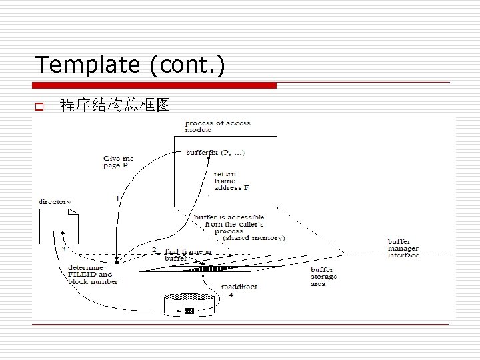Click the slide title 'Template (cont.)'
tap(129, 65)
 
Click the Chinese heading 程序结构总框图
tap(115, 105)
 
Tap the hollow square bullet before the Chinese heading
tap(39, 105)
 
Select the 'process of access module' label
tap(217, 126)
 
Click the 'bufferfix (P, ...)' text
tap(215, 153)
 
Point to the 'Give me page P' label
tap(118, 162)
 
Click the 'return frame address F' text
tap(230, 181)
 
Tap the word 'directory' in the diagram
tap(55, 201)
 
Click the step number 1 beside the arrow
tap(117, 198)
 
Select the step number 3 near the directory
tap(63, 249)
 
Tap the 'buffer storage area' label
tap(324, 276)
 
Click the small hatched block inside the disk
tap(189, 311)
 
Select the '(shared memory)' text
tap(253, 238)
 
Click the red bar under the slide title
tap(155, 85)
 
